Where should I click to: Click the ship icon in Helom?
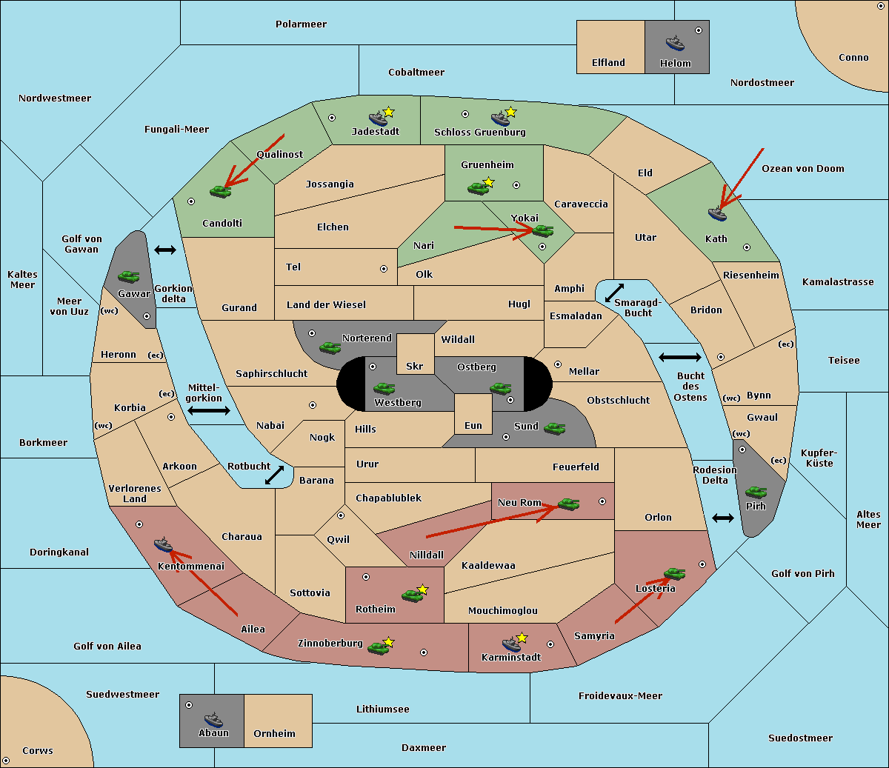pos(675,42)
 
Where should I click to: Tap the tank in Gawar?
pos(129,277)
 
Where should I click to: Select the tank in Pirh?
pos(756,492)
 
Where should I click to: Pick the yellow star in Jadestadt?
pos(388,113)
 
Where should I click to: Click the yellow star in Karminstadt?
pos(522,638)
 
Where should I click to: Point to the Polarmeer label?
pos(301,24)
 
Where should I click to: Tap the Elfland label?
pos(608,63)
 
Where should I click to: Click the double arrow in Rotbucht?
pos(274,475)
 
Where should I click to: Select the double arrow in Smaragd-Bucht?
pos(614,293)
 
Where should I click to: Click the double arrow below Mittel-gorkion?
pos(209,411)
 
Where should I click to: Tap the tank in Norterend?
pos(330,348)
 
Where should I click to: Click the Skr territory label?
pos(415,366)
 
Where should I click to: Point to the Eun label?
pos(473,426)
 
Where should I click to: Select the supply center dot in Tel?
pos(384,269)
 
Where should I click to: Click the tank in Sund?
pos(554,429)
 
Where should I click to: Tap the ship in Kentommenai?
pos(164,544)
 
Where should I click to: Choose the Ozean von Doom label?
pos(803,169)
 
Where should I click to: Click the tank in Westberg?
pos(384,388)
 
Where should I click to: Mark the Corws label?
pos(38,751)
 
